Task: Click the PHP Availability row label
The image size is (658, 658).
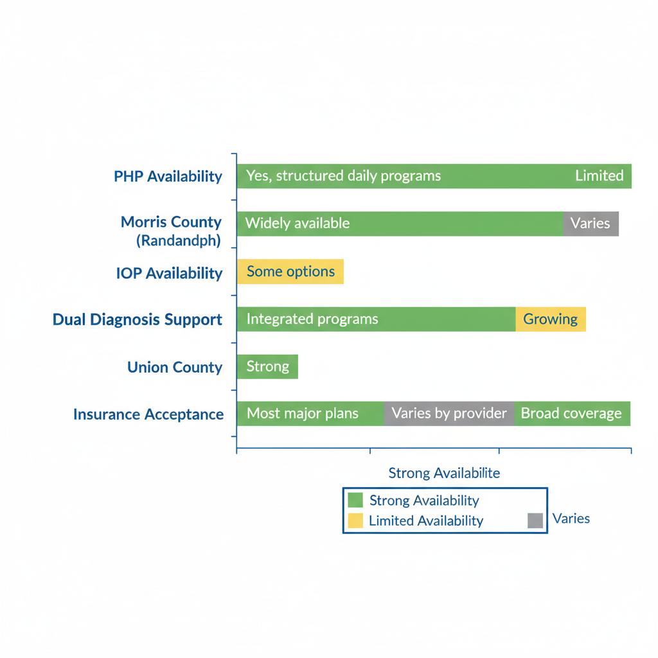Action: (x=168, y=176)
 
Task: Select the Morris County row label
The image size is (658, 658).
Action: (x=171, y=222)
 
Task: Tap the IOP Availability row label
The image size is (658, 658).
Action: (x=169, y=273)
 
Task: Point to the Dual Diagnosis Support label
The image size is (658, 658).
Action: (x=138, y=319)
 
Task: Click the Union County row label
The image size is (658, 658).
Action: (x=175, y=368)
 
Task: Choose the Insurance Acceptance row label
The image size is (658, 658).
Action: (x=148, y=414)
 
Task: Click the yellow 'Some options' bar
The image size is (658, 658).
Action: (x=290, y=272)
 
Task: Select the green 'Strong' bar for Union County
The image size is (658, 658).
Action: (x=267, y=367)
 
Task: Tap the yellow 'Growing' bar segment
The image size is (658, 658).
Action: (x=551, y=319)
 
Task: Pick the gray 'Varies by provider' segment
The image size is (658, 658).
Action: (x=449, y=414)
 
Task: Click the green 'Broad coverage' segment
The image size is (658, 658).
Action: (x=572, y=414)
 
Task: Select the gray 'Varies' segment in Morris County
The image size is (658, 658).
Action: (x=591, y=224)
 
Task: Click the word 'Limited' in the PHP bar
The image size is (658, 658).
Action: (x=599, y=175)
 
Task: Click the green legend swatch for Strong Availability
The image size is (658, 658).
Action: (x=355, y=500)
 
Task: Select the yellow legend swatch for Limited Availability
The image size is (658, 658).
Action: (x=355, y=520)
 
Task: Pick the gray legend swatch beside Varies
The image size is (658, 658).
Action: (x=535, y=520)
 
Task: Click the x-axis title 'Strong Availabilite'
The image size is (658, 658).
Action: (x=444, y=474)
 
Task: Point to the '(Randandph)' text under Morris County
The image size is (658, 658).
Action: (x=178, y=241)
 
